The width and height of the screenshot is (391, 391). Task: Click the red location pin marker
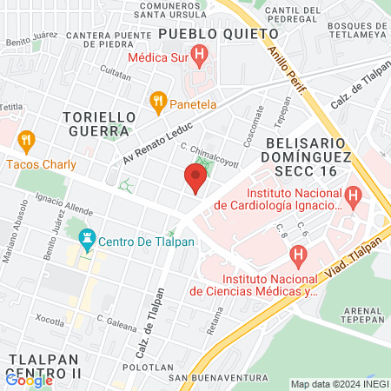tap(195, 179)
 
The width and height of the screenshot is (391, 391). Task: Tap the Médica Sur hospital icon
tap(201, 58)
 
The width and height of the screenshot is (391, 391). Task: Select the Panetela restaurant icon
tap(157, 102)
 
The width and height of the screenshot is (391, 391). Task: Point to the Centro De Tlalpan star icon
tap(87, 238)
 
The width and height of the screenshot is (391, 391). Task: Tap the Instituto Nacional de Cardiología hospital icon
tap(353, 198)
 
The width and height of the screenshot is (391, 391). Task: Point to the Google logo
tap(29, 379)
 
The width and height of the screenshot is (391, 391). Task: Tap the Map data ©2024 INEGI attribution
tap(339, 384)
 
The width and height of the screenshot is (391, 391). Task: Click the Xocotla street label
tap(44, 322)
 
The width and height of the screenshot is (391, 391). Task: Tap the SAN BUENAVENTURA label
tap(217, 378)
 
